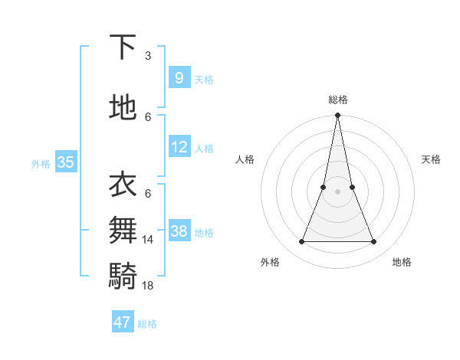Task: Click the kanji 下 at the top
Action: point(123,47)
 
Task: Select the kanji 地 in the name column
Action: point(123,106)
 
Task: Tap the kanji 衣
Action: point(123,184)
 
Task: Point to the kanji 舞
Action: point(123,229)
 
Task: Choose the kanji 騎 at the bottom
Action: point(123,274)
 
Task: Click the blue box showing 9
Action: point(179,78)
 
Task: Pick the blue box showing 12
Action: point(179,147)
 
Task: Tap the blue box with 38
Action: point(179,231)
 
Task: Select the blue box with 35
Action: point(66,162)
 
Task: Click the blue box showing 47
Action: point(123,322)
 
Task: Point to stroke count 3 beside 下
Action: point(148,55)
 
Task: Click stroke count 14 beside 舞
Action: point(148,240)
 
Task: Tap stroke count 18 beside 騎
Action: point(148,285)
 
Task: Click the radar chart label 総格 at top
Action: point(337,100)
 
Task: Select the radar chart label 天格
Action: point(431,159)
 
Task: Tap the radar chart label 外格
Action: point(270,262)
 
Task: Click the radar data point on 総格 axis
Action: point(337,116)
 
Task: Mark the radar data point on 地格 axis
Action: point(374,242)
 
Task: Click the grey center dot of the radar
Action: point(337,191)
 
